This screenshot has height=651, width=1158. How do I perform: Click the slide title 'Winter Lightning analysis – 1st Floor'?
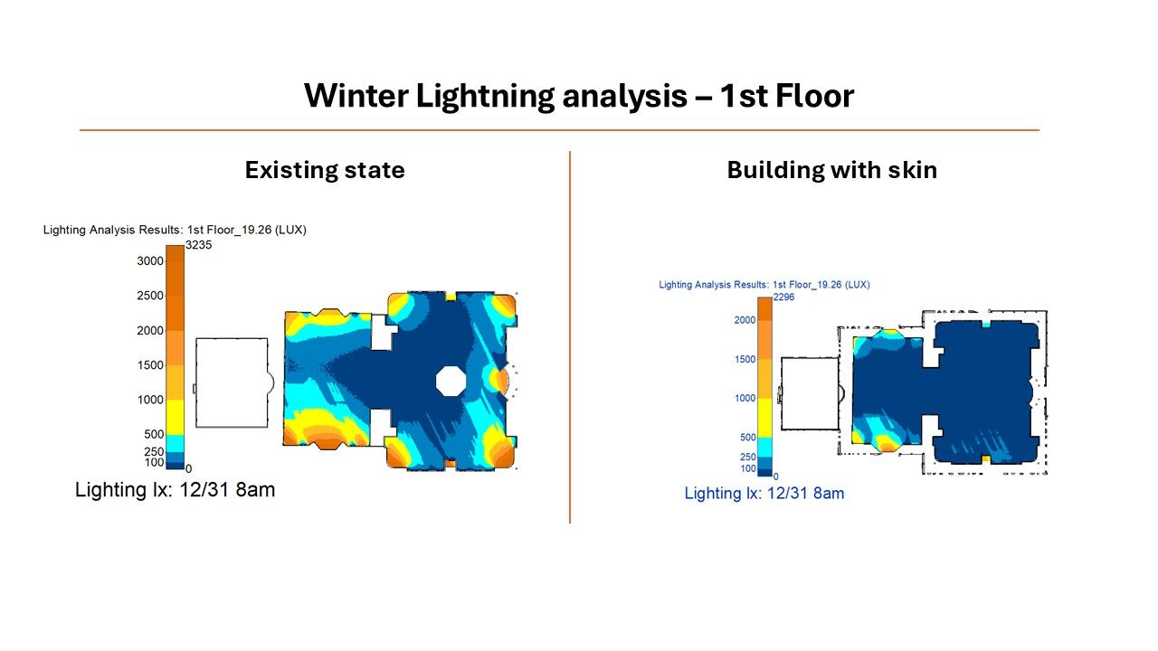pos(579,96)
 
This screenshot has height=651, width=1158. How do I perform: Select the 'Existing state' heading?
pos(325,170)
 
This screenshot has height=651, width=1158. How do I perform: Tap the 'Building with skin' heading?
pos(831,171)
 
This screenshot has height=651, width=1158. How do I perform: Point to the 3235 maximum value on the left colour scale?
pos(198,245)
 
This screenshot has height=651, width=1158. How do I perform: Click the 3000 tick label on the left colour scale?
pos(150,261)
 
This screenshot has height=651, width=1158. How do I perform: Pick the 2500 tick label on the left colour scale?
pos(150,296)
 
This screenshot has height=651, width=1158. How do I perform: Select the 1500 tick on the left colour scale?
pos(150,364)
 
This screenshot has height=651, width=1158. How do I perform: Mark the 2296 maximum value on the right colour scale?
pos(783,297)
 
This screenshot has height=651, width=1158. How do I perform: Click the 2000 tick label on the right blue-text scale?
pos(745,320)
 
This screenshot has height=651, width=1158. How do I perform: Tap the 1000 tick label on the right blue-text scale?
pos(745,398)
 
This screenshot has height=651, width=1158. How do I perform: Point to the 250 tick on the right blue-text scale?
pos(747,457)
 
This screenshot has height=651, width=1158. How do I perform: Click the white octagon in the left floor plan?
pos(451,381)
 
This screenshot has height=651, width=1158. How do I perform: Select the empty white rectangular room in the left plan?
pos(232,382)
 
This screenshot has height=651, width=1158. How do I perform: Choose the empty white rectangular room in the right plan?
pos(810,393)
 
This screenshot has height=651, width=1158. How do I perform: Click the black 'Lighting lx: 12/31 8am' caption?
pos(175,490)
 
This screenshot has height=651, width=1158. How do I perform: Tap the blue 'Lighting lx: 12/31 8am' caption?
pos(764,494)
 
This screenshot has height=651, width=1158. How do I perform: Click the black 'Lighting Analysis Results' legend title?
pos(175,230)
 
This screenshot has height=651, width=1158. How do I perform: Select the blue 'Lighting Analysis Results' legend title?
pos(764,285)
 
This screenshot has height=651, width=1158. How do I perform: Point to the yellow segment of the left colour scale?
pos(175,417)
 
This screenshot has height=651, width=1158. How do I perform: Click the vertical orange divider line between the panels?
pos(570,337)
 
